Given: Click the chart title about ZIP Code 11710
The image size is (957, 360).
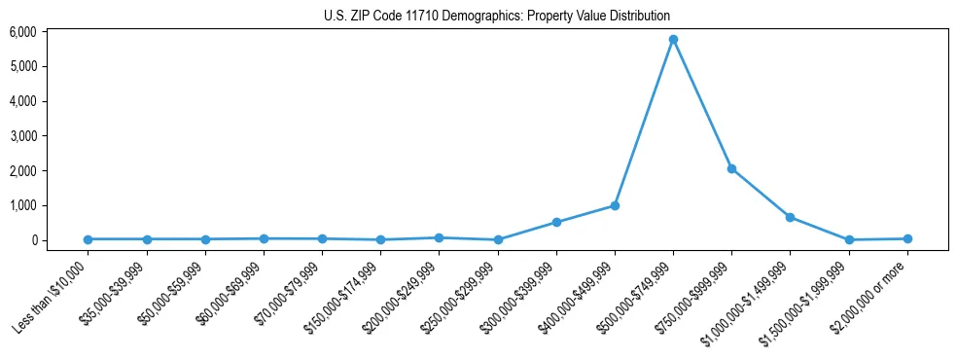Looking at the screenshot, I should (x=497, y=16).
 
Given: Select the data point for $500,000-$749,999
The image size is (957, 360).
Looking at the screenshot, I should (x=673, y=40).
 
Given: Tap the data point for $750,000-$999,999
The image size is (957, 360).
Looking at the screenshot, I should (x=731, y=168).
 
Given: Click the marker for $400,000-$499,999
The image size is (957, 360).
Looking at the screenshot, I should (x=615, y=205).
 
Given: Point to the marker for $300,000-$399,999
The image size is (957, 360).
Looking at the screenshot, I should (x=556, y=222).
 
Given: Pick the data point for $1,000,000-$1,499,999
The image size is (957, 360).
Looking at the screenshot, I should (x=790, y=217).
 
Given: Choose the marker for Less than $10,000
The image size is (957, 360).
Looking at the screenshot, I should (x=88, y=239).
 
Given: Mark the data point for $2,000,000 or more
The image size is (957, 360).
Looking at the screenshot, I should (x=907, y=238).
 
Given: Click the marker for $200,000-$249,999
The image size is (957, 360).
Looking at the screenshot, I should (x=439, y=237).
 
